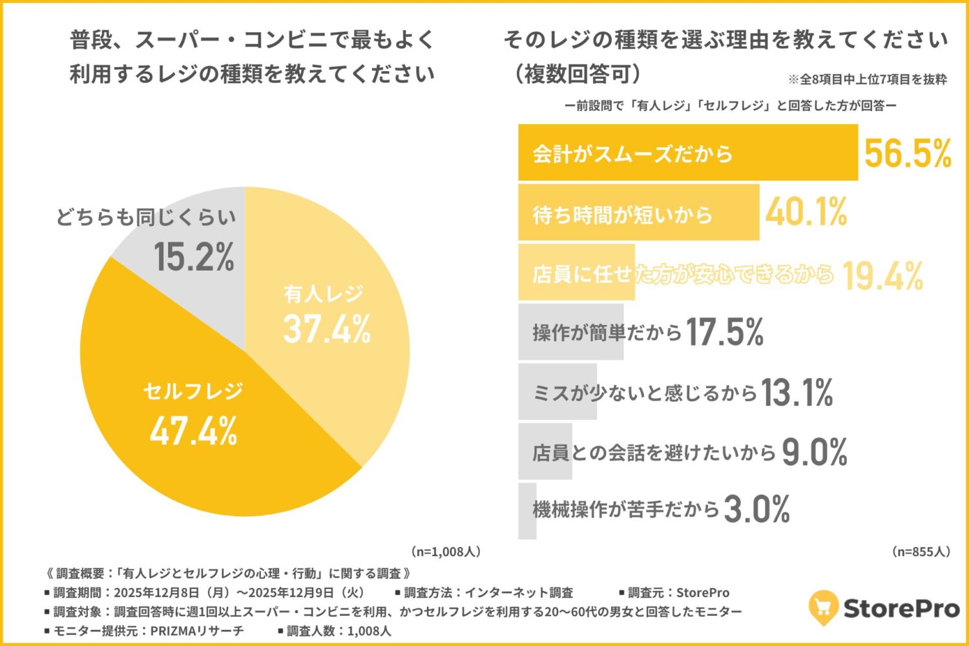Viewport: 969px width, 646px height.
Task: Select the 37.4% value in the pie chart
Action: pyautogui.click(x=327, y=328)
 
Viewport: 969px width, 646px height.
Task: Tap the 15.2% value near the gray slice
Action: pyautogui.click(x=194, y=256)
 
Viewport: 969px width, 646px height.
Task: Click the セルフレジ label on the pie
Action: pyautogui.click(x=193, y=391)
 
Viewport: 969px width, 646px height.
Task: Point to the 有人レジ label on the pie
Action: pyautogui.click(x=324, y=294)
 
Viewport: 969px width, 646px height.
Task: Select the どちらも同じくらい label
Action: pyautogui.click(x=146, y=217)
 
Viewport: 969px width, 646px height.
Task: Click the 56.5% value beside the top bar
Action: pyautogui.click(x=908, y=153)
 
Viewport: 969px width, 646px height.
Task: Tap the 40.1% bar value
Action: pyautogui.click(x=806, y=212)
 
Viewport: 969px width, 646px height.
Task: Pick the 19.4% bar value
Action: pyautogui.click(x=882, y=276)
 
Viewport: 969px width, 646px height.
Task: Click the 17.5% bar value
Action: pyautogui.click(x=724, y=332)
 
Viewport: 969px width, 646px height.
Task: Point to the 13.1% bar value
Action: pyautogui.click(x=797, y=393)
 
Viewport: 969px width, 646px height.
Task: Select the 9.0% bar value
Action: pyautogui.click(x=815, y=452)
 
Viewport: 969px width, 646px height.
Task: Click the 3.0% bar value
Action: pyautogui.click(x=757, y=510)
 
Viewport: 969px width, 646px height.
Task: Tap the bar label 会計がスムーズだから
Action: pyautogui.click(x=632, y=154)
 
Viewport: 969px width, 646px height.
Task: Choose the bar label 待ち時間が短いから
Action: pyautogui.click(x=622, y=214)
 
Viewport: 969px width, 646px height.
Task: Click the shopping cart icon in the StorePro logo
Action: pyautogui.click(x=823, y=607)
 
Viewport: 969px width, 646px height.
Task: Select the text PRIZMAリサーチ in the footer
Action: pyautogui.click(x=197, y=630)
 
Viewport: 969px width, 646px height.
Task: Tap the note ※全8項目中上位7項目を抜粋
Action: pyautogui.click(x=867, y=79)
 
